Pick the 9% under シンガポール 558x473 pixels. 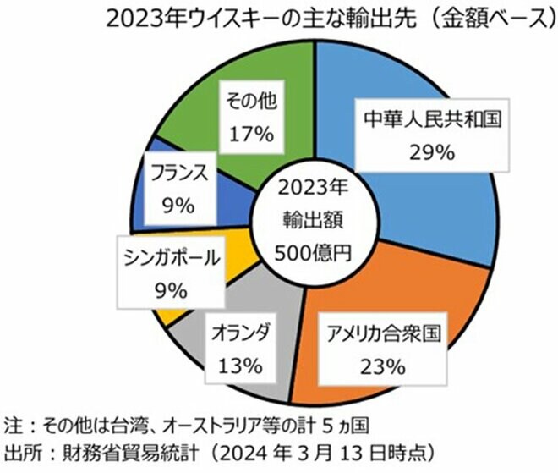coord(169,291)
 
